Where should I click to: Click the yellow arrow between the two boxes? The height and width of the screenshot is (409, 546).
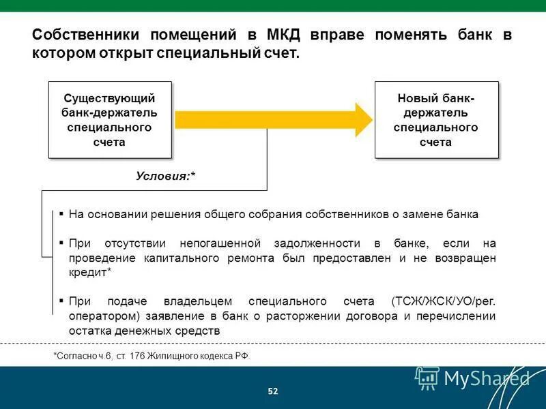pos(273,120)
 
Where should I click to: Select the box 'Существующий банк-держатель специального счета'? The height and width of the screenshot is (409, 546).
pos(109,120)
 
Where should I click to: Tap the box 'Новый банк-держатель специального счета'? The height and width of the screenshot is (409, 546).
pos(436,120)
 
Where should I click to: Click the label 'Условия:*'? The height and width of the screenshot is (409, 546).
pos(166,176)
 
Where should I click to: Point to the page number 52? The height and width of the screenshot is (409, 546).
pos(273,391)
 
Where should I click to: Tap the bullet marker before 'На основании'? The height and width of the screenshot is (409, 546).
pos(61,213)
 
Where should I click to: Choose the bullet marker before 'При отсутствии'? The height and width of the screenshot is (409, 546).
pos(61,243)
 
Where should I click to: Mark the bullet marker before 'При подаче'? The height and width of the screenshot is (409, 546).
pos(61,301)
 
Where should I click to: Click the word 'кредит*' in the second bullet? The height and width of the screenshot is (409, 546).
pos(90,272)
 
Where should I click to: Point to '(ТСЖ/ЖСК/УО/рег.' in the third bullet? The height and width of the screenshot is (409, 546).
pos(444,301)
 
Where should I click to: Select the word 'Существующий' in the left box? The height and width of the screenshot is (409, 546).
pos(109,98)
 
